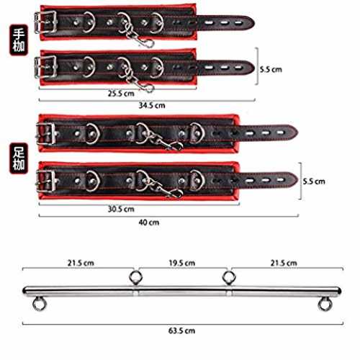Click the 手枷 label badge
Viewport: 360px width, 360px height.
(19, 40)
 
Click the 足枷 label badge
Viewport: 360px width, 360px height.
(19, 158)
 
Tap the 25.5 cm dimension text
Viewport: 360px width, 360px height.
(121, 94)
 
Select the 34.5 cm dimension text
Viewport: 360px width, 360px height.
(152, 105)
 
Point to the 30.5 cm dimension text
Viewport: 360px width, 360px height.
(121, 209)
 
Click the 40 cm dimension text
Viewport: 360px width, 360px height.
(149, 222)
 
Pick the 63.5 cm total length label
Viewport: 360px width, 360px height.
(181, 330)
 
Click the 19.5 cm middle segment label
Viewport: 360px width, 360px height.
(181, 263)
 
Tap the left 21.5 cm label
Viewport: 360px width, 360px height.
(81, 263)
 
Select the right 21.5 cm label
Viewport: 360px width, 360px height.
(284, 263)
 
